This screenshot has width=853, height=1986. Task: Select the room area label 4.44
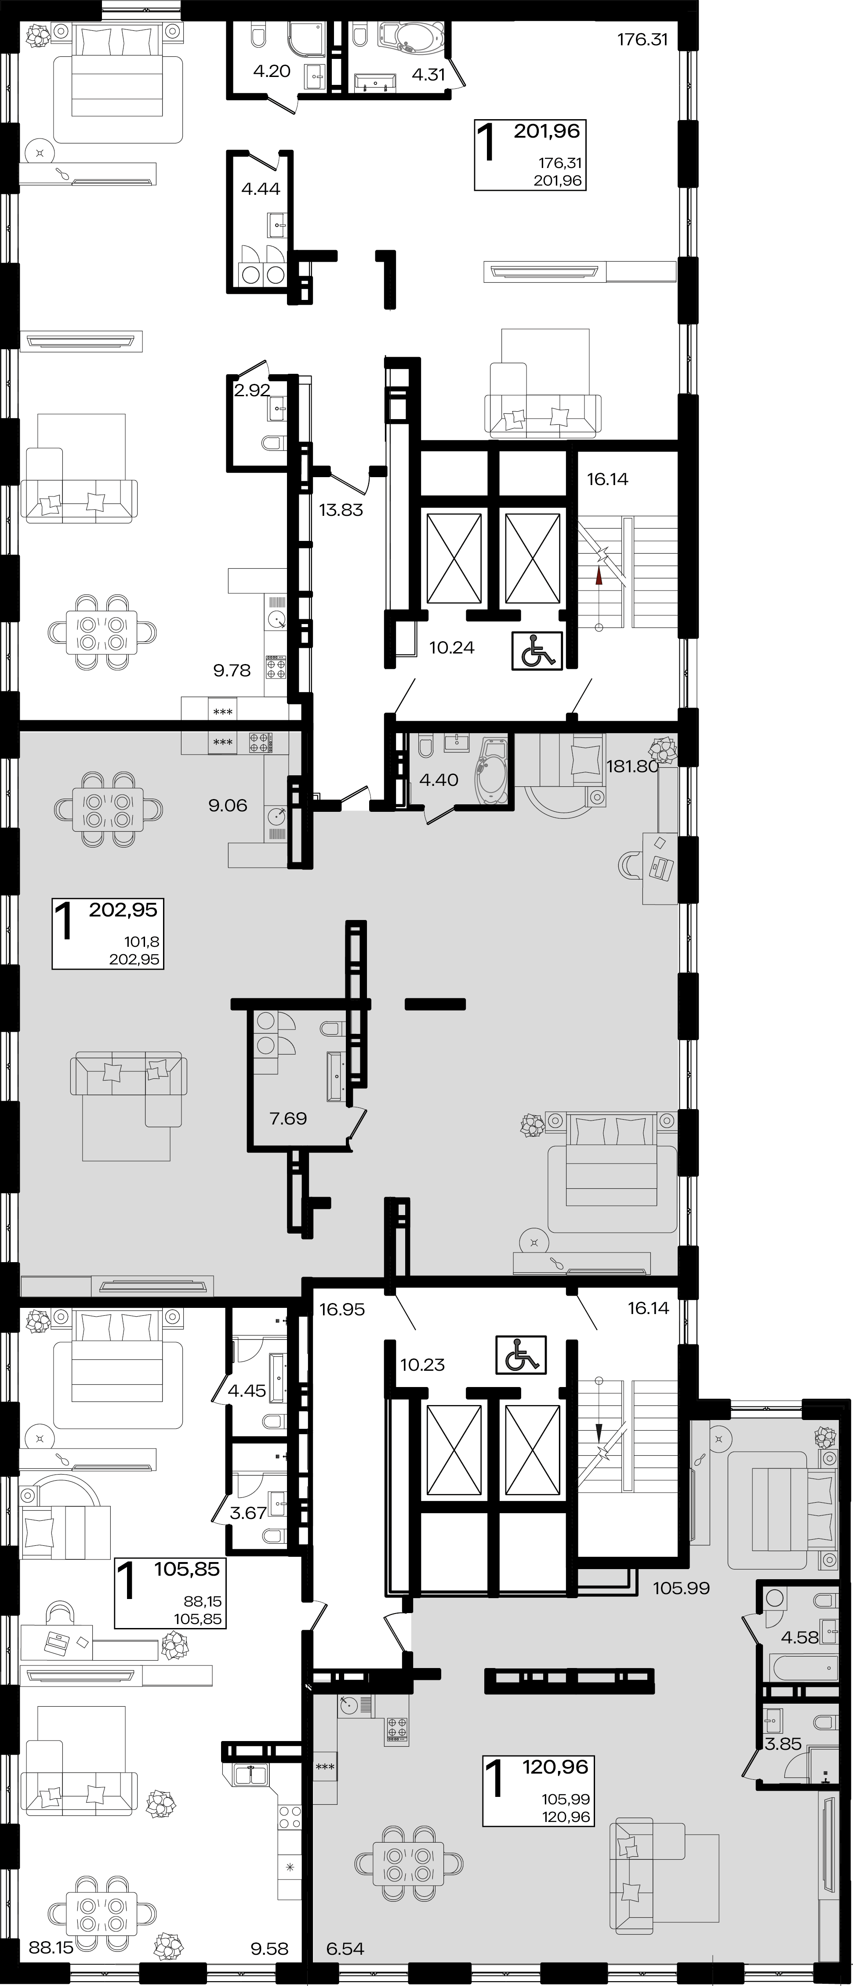(261, 189)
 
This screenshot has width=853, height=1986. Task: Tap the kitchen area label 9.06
(228, 806)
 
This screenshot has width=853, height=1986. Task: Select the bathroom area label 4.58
(800, 1609)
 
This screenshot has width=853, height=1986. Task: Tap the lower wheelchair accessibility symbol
(521, 1354)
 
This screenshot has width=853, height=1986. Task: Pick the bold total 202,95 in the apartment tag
(123, 910)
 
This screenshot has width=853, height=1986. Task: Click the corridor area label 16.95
(342, 1309)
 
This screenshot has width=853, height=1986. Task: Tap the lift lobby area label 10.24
(451, 648)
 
